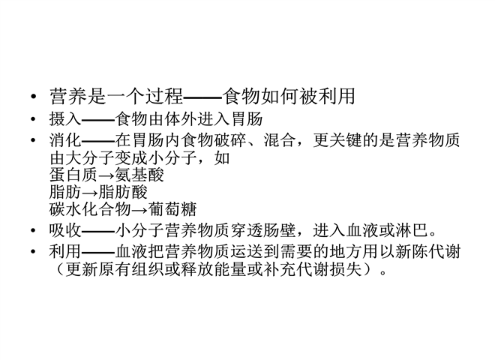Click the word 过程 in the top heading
pyautogui.click(x=163, y=96)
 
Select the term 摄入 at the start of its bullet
pyautogui.click(x=65, y=119)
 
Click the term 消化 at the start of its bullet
pyautogui.click(x=65, y=140)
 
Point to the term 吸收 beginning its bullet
pyautogui.click(x=65, y=230)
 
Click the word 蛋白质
pyautogui.click(x=73, y=175)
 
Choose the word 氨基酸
pyautogui.click(x=139, y=175)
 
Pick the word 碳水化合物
pyautogui.click(x=90, y=209)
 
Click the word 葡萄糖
pyautogui.click(x=172, y=209)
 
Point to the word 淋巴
pyautogui.click(x=412, y=230)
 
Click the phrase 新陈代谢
pyautogui.click(x=428, y=252)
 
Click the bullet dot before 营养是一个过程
pyautogui.click(x=34, y=97)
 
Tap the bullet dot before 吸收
pyautogui.click(x=34, y=230)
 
